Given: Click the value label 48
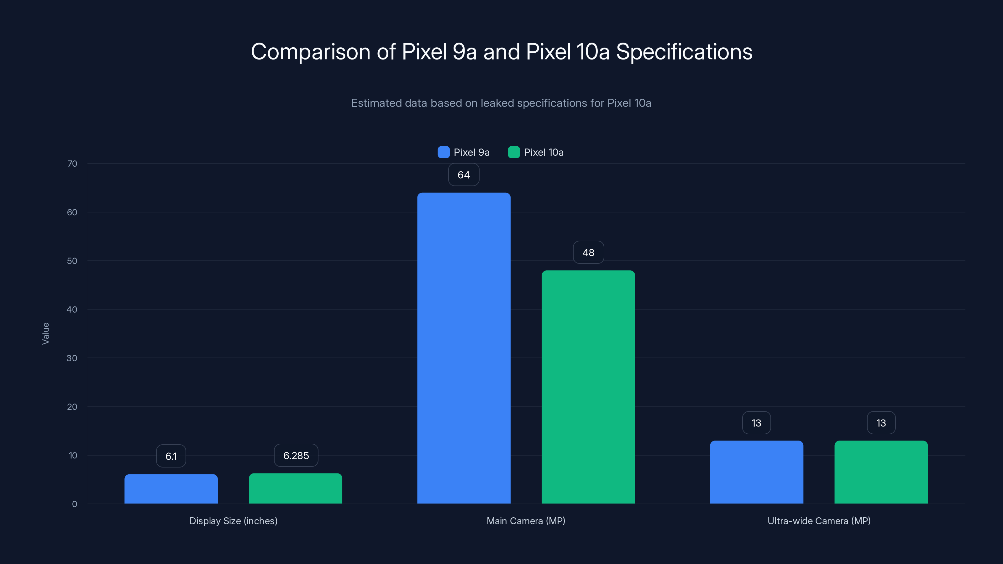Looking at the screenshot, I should click(x=588, y=253).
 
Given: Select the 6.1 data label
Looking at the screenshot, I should click(x=171, y=456).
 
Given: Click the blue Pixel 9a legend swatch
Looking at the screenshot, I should click(x=444, y=152).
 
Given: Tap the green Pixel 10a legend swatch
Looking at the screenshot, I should click(x=514, y=152).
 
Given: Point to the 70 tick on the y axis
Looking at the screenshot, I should click(x=72, y=164).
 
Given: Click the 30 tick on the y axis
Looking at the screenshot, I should click(x=72, y=358).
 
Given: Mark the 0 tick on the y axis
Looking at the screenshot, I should click(x=74, y=504).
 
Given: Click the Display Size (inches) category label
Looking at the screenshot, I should click(x=233, y=521).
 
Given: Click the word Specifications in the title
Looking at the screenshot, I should click(x=684, y=52).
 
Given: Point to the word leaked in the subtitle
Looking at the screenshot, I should click(x=497, y=103).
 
